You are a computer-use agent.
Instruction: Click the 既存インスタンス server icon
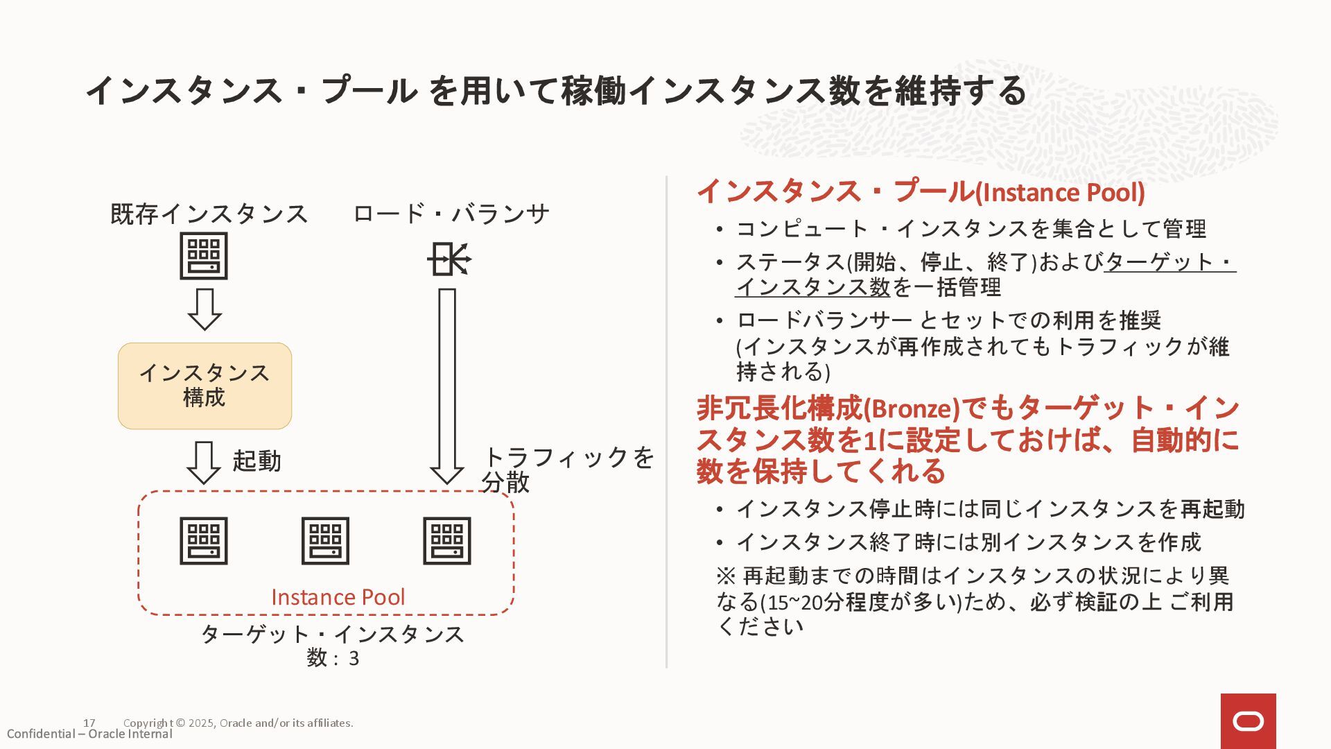[204, 256]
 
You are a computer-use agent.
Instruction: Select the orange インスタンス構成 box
[205, 386]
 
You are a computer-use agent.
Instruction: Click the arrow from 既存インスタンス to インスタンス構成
[205, 309]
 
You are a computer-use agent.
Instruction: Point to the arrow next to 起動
[204, 462]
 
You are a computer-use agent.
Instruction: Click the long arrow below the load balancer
[447, 386]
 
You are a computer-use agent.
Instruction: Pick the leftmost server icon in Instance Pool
[204, 541]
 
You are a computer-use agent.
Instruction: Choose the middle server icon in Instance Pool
[325, 541]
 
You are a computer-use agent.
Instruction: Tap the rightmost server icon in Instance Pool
[447, 541]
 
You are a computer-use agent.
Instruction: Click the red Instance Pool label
[338, 597]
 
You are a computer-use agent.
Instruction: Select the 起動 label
[256, 461]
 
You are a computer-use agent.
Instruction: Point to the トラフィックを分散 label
[568, 470]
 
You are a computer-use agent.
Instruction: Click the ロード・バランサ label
[451, 214]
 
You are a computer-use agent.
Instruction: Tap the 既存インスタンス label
[209, 214]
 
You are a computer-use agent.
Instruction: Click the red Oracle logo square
[1248, 721]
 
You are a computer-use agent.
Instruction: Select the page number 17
[89, 723]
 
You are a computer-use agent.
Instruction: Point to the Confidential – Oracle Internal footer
[89, 734]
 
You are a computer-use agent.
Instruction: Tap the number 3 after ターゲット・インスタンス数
[354, 658]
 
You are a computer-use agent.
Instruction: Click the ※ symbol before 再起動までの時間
[726, 576]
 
